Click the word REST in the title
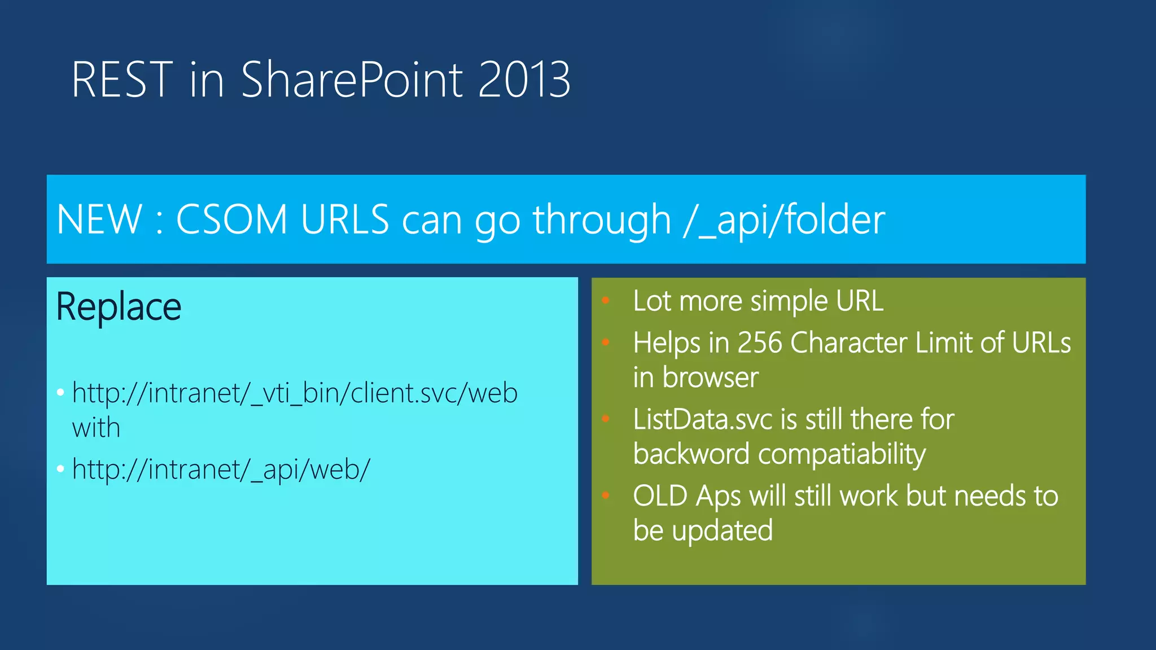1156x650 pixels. (x=121, y=80)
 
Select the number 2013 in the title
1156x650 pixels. (x=524, y=80)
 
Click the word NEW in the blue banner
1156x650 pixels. (x=99, y=219)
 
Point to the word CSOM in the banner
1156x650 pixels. (x=232, y=219)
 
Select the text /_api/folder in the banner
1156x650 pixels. (x=784, y=219)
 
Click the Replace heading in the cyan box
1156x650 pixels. (x=119, y=308)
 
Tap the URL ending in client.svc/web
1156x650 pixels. (x=295, y=393)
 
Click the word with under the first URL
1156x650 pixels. (x=96, y=428)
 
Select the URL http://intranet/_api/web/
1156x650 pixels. (x=221, y=469)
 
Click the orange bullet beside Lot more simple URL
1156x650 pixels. (x=606, y=301)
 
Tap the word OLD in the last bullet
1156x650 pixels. (x=660, y=497)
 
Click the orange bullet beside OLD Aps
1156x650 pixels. (x=606, y=496)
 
